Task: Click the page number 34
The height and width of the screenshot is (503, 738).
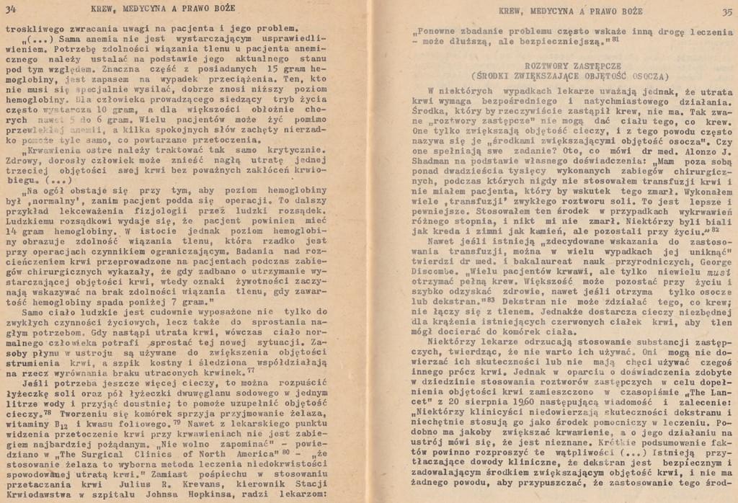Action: (x=12, y=9)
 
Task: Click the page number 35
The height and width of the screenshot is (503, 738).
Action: (x=726, y=12)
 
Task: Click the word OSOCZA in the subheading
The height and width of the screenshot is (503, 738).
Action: (x=646, y=76)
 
